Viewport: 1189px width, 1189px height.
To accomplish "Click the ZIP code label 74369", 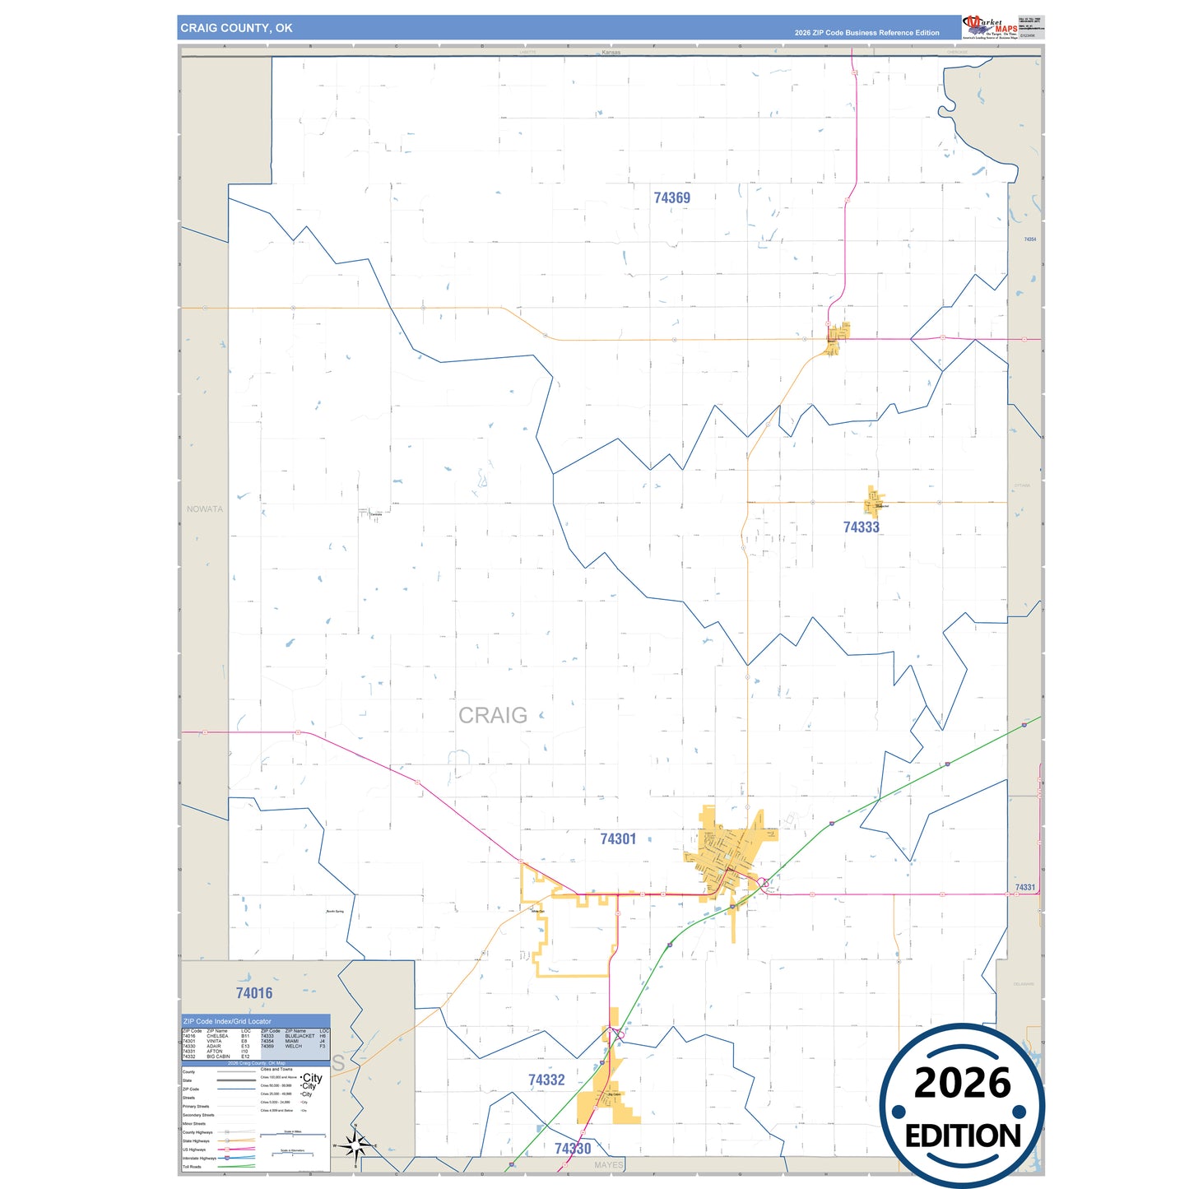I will tap(671, 198).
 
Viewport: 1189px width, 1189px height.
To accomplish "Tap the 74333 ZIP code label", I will tap(861, 527).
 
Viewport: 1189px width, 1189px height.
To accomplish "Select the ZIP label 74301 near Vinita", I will tap(618, 839).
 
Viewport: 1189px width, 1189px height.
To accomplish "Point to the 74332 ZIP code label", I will tap(546, 1080).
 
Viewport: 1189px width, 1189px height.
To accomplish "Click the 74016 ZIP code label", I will tap(253, 993).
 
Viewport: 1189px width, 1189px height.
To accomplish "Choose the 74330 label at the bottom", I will tap(573, 1149).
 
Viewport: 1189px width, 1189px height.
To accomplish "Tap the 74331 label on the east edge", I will tap(1024, 888).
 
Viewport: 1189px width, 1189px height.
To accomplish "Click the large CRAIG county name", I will tap(492, 716).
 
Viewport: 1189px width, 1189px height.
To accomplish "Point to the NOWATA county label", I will tap(204, 509).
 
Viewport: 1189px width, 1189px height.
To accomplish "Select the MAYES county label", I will tap(608, 1165).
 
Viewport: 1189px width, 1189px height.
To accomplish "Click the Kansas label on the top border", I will tap(611, 53).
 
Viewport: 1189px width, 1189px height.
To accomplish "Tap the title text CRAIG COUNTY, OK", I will tap(236, 28).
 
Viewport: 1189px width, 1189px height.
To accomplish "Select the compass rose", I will tap(355, 1145).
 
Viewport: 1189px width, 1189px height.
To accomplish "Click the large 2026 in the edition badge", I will tap(962, 1083).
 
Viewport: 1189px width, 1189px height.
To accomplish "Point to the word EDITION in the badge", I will tap(962, 1136).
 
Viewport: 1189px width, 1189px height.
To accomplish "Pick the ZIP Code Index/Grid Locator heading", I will tap(227, 1021).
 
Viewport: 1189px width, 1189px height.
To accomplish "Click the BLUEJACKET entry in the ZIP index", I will tap(300, 1036).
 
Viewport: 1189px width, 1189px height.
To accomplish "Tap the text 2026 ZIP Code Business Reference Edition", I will tap(866, 33).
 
